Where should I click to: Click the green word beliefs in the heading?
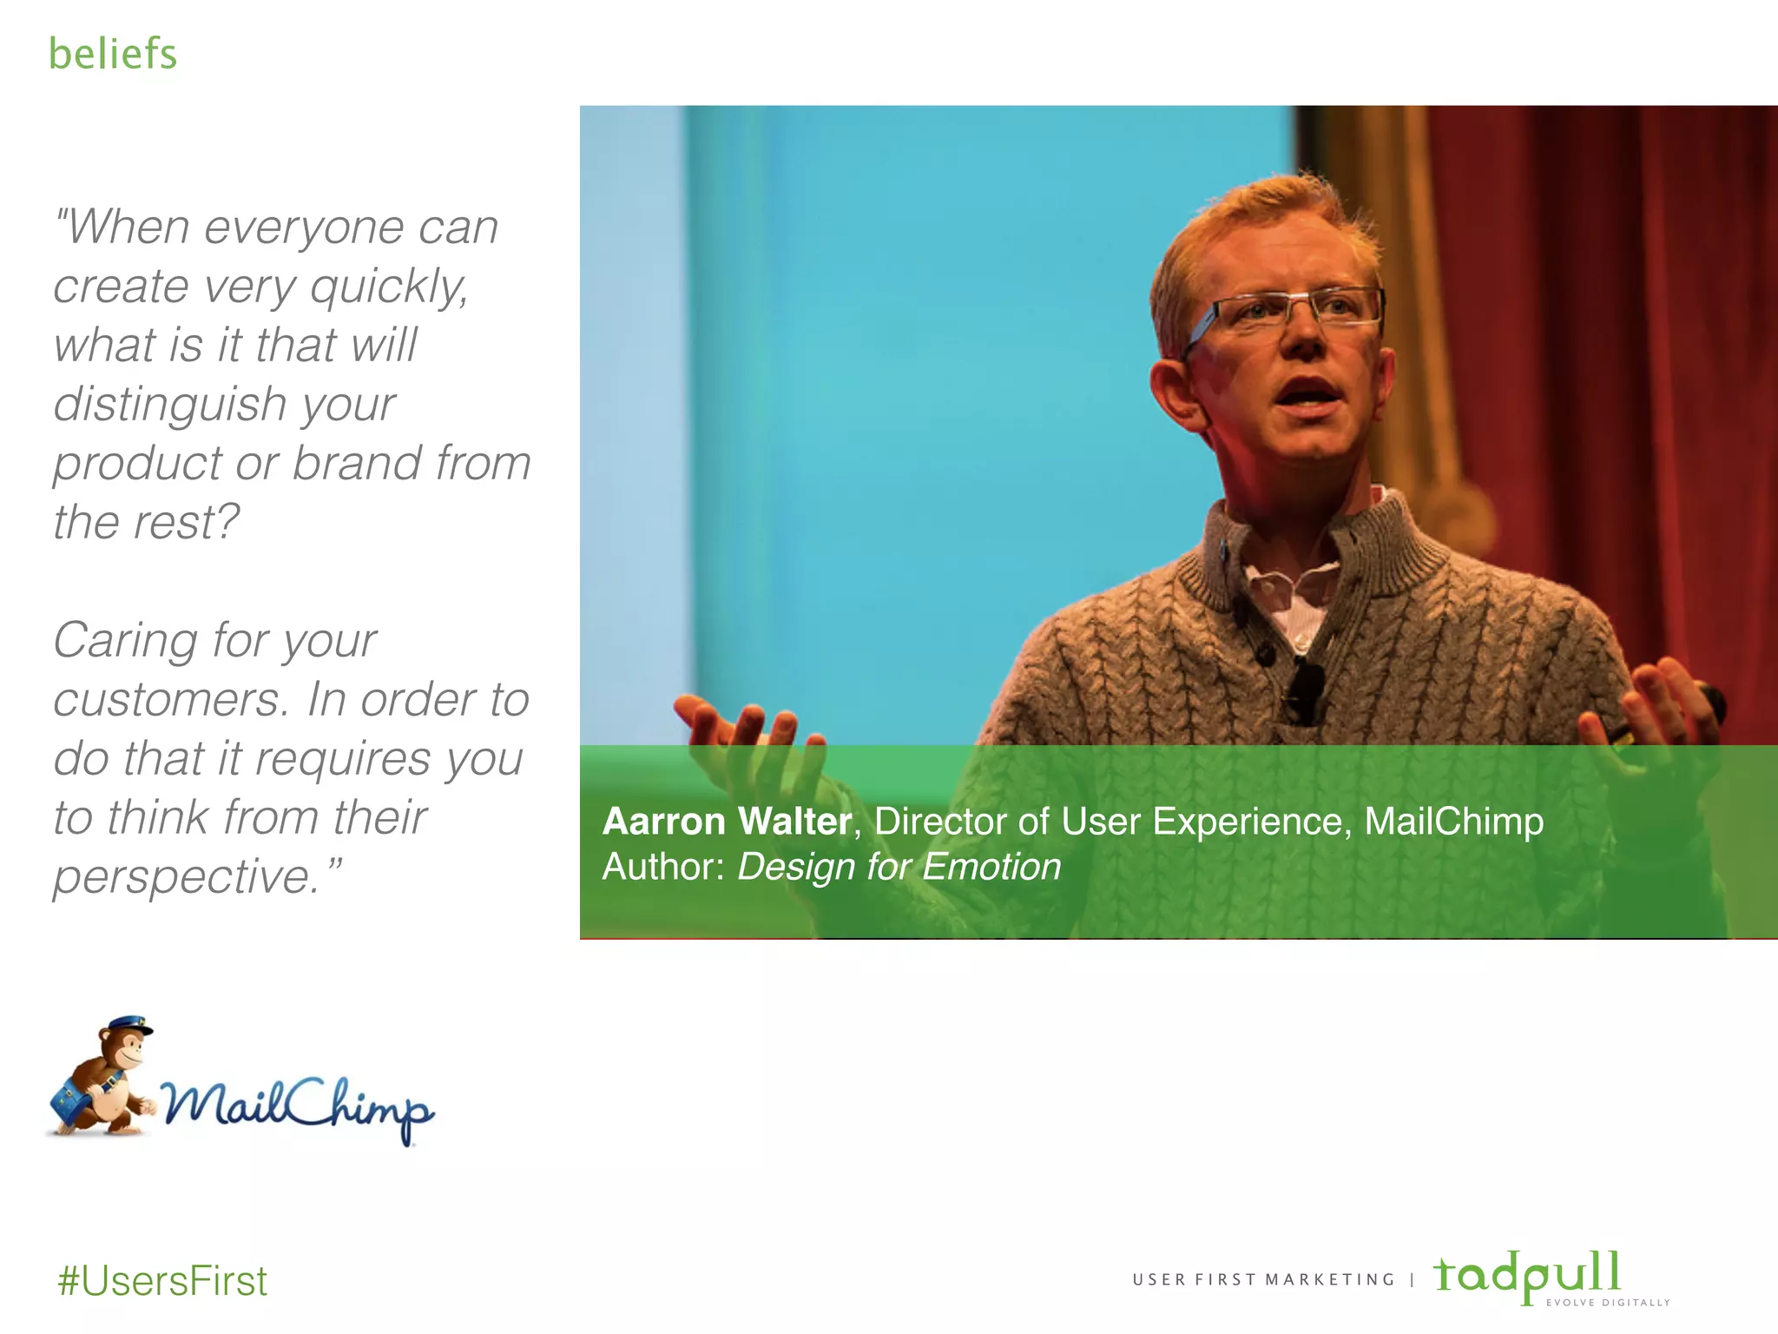(113, 54)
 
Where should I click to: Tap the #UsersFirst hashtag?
(162, 1281)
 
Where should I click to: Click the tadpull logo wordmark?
(1527, 1274)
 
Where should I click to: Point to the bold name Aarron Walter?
(727, 822)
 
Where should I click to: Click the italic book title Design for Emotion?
(899, 867)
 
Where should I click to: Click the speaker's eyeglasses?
(1285, 311)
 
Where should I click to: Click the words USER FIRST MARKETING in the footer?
(1263, 1279)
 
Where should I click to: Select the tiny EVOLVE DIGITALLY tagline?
(1608, 1303)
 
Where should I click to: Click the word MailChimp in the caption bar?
(1453, 822)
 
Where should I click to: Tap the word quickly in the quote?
(390, 287)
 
